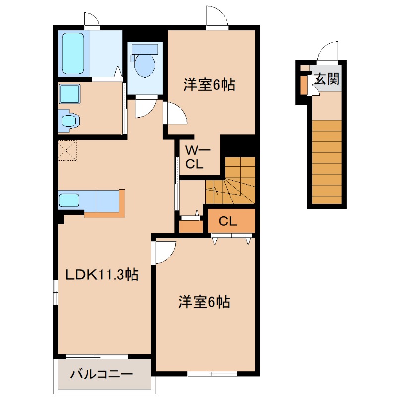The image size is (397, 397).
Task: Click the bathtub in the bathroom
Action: pyautogui.click(x=73, y=53)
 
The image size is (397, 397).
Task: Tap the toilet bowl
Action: pyautogui.click(x=145, y=65)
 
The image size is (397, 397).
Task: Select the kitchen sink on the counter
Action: pyautogui.click(x=69, y=200)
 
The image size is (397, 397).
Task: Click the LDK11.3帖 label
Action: pyautogui.click(x=102, y=274)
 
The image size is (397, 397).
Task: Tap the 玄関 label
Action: pyautogui.click(x=327, y=79)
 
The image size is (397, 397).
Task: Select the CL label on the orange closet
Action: pyautogui.click(x=228, y=221)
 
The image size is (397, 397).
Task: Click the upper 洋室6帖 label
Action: pyautogui.click(x=209, y=84)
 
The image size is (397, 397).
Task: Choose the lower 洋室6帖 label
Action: pyautogui.click(x=204, y=302)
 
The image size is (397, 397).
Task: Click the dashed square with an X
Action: pyautogui.click(x=67, y=150)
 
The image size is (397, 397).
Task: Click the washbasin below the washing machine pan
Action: pyautogui.click(x=69, y=121)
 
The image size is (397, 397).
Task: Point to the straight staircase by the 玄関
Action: pyautogui.click(x=327, y=162)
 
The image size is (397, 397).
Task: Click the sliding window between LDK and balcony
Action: pyautogui.click(x=97, y=357)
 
